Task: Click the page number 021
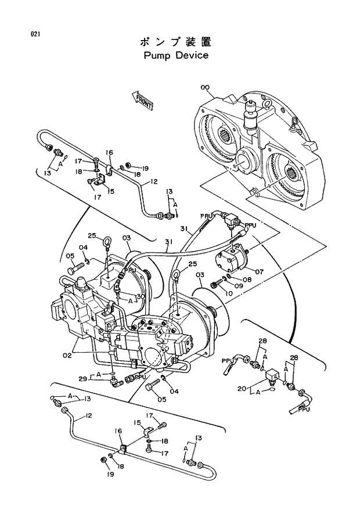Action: [x=35, y=34]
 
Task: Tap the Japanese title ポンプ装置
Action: [x=175, y=42]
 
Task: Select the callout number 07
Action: [x=258, y=271]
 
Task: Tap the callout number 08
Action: [x=247, y=279]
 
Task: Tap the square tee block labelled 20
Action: [x=271, y=378]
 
